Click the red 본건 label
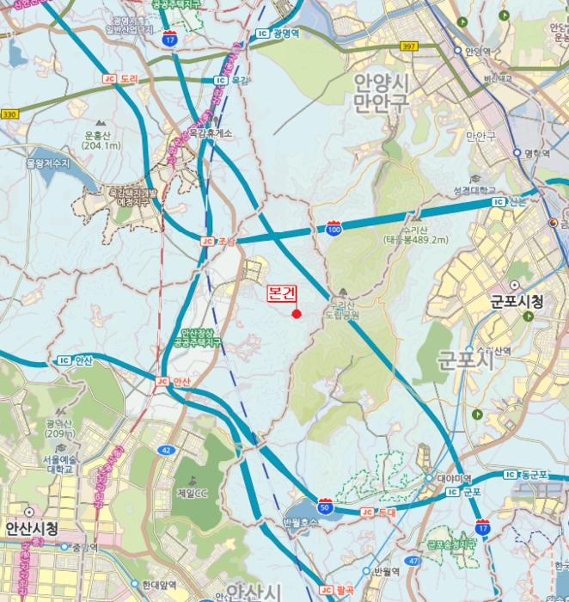(283, 293)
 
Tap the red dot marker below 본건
(296, 314)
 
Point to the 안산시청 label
(31, 528)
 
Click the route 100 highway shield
(333, 228)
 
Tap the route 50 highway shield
(325, 506)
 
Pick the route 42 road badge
(165, 450)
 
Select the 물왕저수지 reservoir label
(46, 162)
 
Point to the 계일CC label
(193, 493)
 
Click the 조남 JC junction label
(218, 242)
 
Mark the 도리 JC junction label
(120, 78)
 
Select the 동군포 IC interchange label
(528, 475)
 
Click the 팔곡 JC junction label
(338, 590)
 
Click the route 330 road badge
(9, 114)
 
